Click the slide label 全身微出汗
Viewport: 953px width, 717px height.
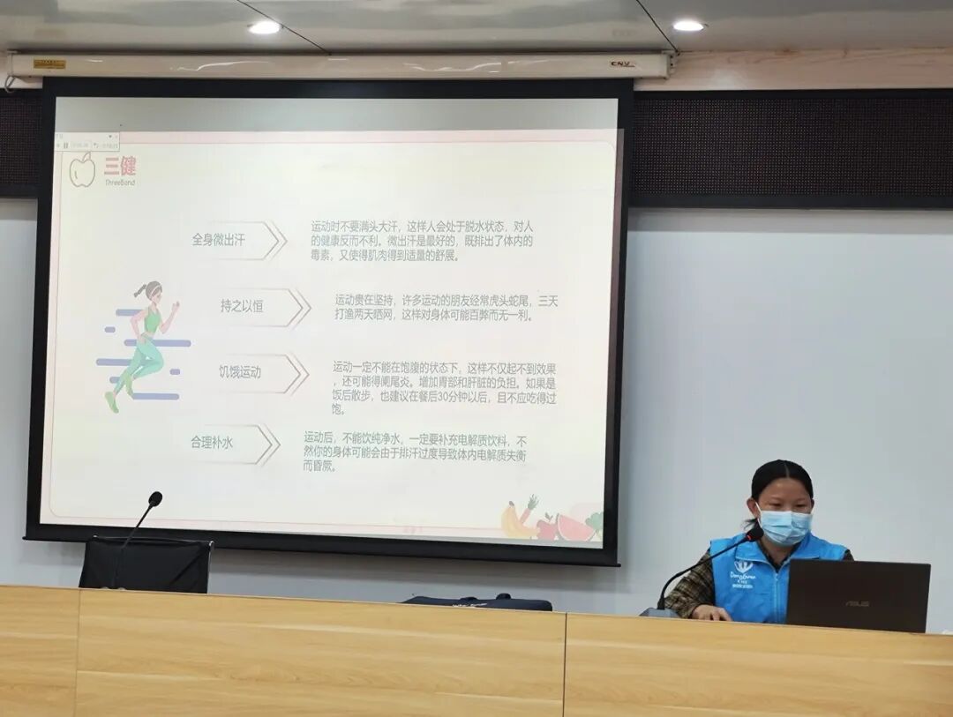(218, 240)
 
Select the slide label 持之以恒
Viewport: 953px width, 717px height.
(242, 307)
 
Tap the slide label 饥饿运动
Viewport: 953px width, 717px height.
(240, 373)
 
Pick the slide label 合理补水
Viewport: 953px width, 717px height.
(212, 444)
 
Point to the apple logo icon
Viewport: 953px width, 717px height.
(83, 169)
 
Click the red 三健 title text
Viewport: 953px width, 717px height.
(120, 166)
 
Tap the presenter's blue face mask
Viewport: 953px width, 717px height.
(784, 526)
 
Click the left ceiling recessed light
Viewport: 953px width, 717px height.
(264, 27)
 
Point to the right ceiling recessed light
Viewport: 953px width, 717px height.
(688, 26)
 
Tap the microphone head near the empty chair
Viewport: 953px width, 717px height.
(154, 499)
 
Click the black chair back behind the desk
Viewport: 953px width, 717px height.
(146, 565)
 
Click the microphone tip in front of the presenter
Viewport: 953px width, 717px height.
(754, 533)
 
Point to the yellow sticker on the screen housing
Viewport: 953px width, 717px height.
(49, 63)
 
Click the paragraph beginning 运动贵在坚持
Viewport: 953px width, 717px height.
(446, 307)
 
